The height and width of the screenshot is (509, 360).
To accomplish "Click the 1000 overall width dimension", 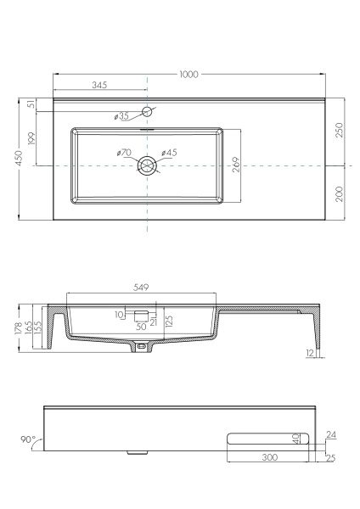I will coord(188,75).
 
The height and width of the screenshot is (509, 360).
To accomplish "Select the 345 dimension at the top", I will coord(100,86).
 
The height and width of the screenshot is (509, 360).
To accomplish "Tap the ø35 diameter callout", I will coord(121,116).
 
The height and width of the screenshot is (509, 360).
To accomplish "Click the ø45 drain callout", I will coord(170,153).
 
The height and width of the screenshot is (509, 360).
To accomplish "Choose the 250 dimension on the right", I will coord(339,131).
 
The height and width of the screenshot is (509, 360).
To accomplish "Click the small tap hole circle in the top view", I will coord(147,111).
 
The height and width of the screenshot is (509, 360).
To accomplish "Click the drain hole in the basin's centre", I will coord(147,165).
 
